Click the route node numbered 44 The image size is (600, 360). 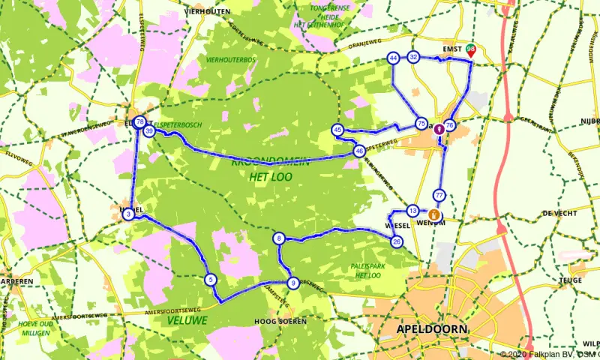point(394,58)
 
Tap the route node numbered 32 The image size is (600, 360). point(413,57)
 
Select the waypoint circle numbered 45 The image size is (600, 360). point(338,130)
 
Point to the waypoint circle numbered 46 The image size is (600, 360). point(360,151)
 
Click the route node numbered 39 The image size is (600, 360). point(149,131)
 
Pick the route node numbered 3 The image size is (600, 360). point(128,214)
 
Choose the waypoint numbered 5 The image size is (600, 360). point(211,280)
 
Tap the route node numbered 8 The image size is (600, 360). point(279,239)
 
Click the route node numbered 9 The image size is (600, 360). point(293,283)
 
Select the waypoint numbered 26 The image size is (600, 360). point(397,241)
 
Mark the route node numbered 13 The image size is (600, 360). point(412,210)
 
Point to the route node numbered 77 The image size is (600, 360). point(439,196)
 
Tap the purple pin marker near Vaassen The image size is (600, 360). point(439,129)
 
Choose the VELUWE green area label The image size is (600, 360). point(187,321)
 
